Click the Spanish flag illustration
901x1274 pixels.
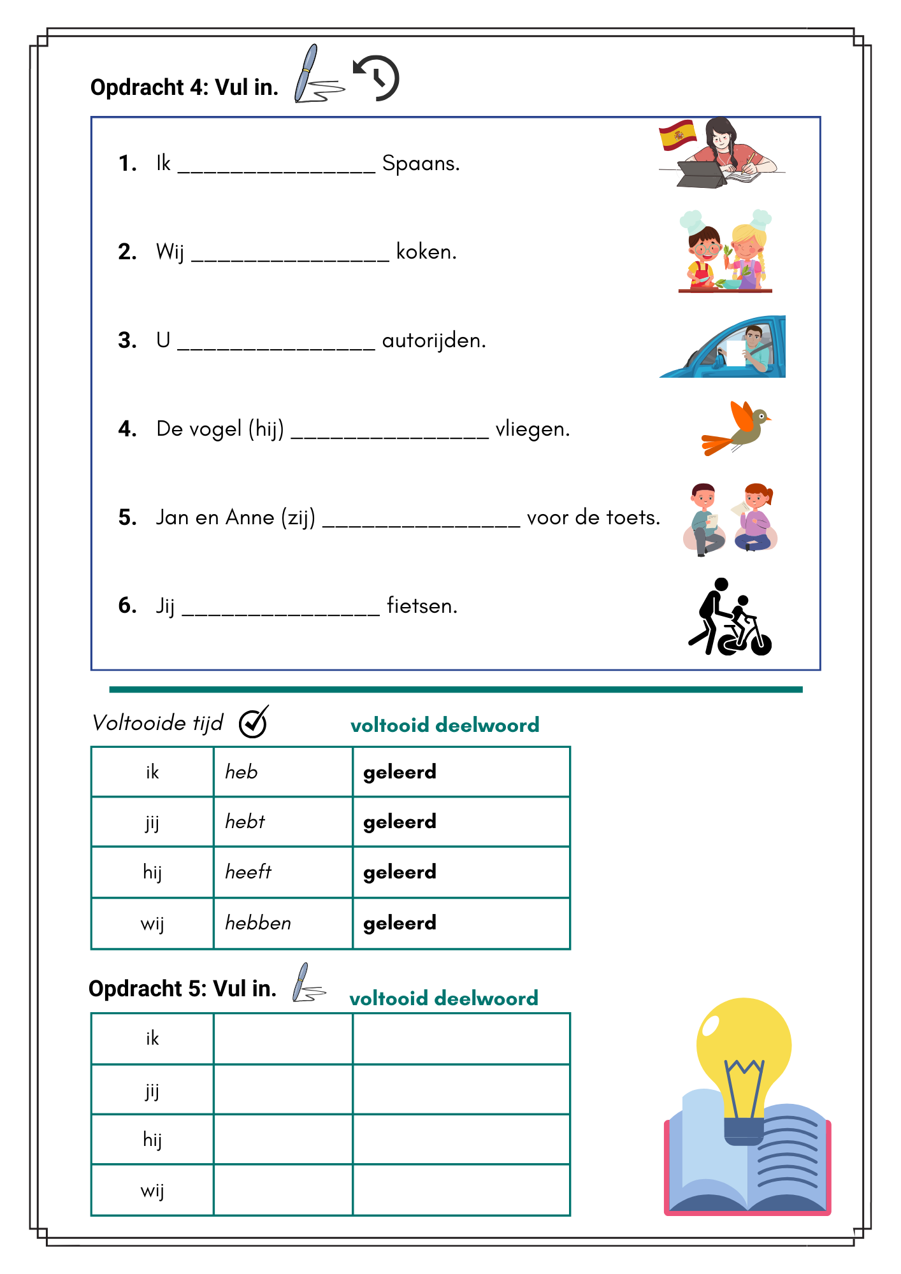pyautogui.click(x=677, y=134)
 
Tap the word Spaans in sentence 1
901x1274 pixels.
pyautogui.click(x=421, y=164)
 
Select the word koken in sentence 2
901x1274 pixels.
pyautogui.click(x=426, y=252)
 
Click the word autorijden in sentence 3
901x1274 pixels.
pyautogui.click(x=434, y=341)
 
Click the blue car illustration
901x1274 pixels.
pyautogui.click(x=723, y=348)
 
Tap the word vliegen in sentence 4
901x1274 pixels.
pyautogui.click(x=532, y=429)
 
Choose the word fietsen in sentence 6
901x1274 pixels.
pyautogui.click(x=422, y=606)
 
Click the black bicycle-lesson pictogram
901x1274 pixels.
pyautogui.click(x=730, y=618)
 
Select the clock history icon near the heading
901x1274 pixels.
pyautogui.click(x=377, y=78)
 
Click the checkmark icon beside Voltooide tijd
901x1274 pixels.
pyautogui.click(x=254, y=722)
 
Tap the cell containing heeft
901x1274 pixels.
pyautogui.click(x=282, y=872)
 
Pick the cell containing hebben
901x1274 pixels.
pyautogui.click(x=282, y=923)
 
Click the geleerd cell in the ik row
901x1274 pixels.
pyautogui.click(x=461, y=772)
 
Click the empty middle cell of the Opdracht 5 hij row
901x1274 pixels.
pyautogui.click(x=282, y=1140)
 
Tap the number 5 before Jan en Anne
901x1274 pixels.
pyautogui.click(x=127, y=518)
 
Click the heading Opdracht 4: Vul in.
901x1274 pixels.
pyautogui.click(x=184, y=87)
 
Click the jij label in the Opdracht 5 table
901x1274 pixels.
pyautogui.click(x=152, y=1091)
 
